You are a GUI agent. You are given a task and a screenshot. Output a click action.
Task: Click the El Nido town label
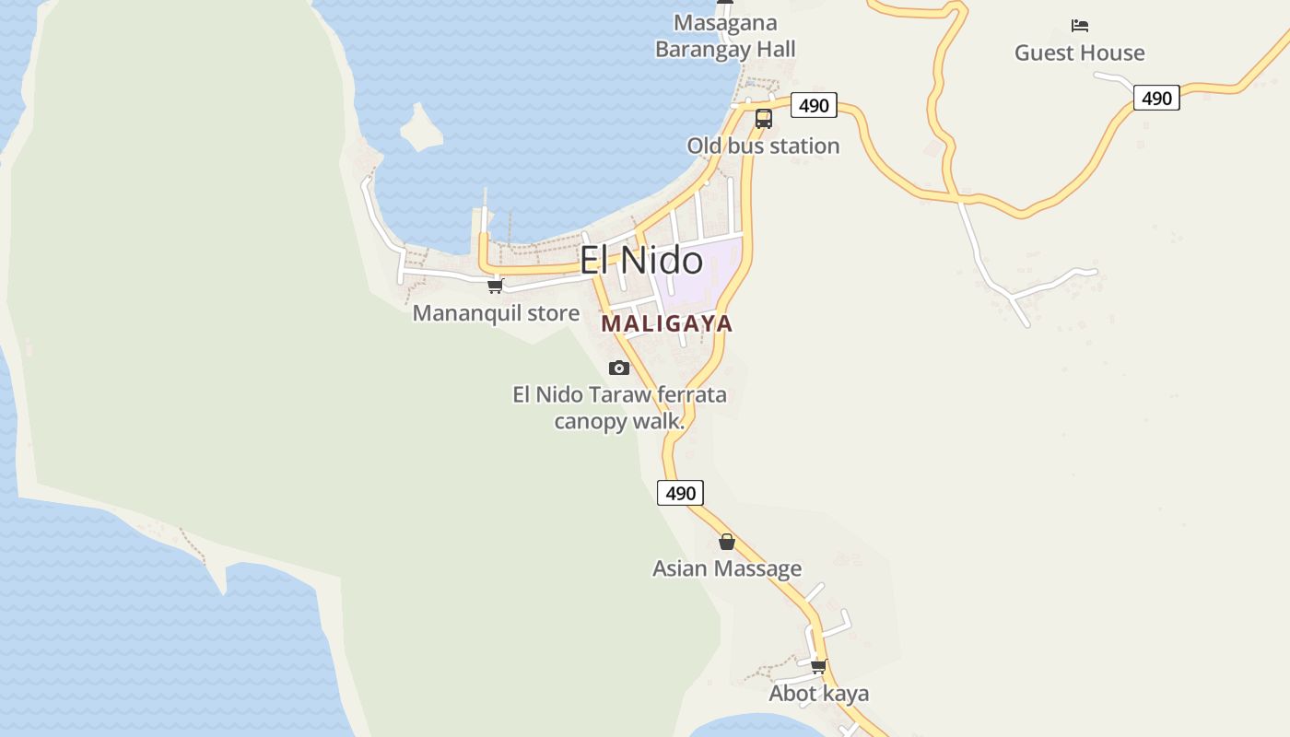point(640,260)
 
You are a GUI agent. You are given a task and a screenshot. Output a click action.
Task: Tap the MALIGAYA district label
point(666,323)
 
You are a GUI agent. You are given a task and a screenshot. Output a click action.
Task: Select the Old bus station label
point(763,146)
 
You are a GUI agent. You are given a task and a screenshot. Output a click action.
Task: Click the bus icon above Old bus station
point(763,118)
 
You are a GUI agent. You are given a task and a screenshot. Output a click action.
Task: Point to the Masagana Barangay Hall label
point(725,36)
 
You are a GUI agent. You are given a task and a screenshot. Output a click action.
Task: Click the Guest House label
point(1079,53)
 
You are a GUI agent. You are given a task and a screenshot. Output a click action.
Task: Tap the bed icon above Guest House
point(1080,25)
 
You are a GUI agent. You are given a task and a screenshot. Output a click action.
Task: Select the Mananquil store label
point(496,313)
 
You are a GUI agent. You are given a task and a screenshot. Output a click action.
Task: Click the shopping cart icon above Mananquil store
point(496,287)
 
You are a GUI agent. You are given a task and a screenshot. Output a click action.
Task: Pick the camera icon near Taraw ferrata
point(619,368)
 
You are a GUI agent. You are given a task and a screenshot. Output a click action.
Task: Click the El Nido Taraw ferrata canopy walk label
point(619,408)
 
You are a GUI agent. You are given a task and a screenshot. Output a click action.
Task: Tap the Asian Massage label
point(726,568)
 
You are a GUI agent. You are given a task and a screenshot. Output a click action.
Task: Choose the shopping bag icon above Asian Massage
point(727,542)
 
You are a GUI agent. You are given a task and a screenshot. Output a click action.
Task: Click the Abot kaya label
point(818,693)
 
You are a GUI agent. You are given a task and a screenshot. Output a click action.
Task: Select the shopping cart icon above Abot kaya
point(818,666)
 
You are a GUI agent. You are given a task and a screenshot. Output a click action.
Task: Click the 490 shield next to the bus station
point(814,105)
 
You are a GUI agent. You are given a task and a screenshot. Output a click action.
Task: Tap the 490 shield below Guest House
point(1156,98)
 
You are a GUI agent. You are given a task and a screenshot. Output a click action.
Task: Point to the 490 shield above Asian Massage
point(680,493)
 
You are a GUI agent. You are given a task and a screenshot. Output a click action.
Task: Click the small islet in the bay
point(421,128)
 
